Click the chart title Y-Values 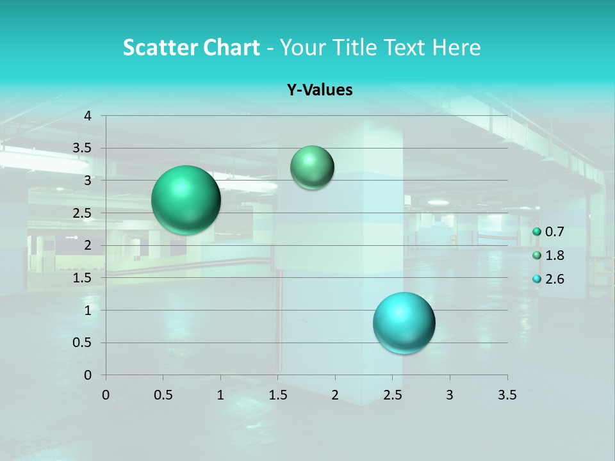(x=319, y=90)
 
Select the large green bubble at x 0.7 (x=186, y=200)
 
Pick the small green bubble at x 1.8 (x=312, y=168)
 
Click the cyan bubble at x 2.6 (x=404, y=323)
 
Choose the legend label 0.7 (x=554, y=232)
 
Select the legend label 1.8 (x=554, y=255)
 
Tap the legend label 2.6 (x=554, y=279)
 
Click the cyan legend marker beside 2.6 (x=537, y=279)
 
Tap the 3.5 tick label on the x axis (x=507, y=395)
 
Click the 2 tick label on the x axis (x=335, y=395)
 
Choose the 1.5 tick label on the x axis (x=277, y=395)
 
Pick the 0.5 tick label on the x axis (x=163, y=395)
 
